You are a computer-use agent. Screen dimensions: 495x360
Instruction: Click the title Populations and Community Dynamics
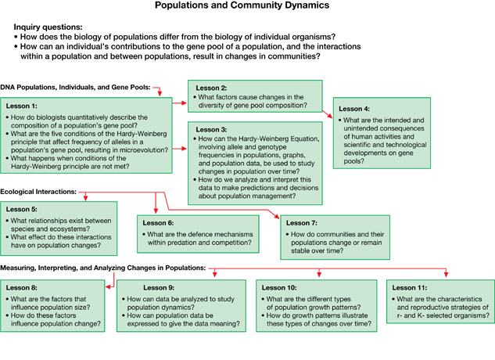pos(242,5)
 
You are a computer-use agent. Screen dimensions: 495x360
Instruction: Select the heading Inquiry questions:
pos(48,27)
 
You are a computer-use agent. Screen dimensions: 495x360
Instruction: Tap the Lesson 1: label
pos(21,106)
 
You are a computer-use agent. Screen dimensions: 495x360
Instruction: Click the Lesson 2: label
pos(211,88)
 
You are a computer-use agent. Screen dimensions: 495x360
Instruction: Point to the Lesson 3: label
pos(211,130)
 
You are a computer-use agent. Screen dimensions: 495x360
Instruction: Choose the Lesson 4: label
pos(354,109)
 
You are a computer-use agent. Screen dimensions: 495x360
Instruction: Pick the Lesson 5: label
pos(21,209)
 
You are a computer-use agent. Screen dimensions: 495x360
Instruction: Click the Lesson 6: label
pos(158,223)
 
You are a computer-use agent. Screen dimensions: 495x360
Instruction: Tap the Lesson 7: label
pos(302,223)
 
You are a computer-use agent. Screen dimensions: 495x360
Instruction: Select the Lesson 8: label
pos(21,288)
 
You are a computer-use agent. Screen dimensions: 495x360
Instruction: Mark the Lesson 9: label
pos(159,288)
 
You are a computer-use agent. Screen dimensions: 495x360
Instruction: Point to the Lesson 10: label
pos(279,288)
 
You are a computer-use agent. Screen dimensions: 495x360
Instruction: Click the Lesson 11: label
pos(410,288)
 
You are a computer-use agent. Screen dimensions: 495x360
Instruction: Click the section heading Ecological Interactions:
pos(38,192)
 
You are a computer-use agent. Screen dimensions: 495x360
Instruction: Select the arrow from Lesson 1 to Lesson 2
pos(180,103)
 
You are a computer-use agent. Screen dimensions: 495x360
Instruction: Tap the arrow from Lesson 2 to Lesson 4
pos(328,114)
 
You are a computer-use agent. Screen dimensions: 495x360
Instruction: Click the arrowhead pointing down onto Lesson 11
pos(446,275)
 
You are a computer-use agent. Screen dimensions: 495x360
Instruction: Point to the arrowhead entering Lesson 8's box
pos(109,287)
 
